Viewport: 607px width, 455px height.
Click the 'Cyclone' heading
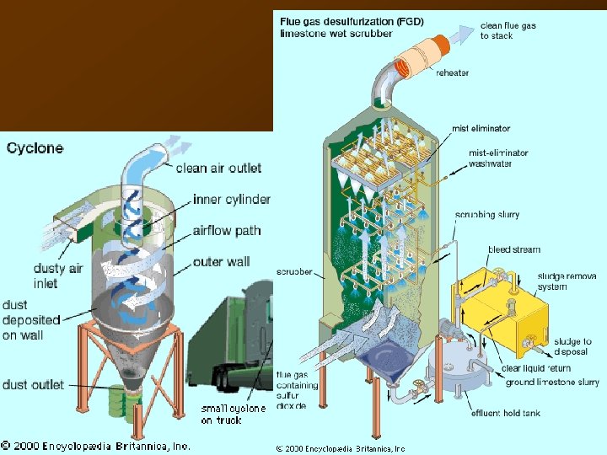35,148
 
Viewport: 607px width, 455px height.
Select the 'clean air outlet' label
218,168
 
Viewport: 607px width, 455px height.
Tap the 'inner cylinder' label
232,200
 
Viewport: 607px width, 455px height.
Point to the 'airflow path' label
227,231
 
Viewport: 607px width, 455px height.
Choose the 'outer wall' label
220,262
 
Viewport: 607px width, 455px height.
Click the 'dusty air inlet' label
58,276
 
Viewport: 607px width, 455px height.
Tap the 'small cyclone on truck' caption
233,414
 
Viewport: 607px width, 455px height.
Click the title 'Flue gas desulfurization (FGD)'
352,21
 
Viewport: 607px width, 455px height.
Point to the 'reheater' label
453,73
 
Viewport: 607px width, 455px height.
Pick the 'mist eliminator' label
481,129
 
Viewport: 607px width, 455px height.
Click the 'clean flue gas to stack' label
508,31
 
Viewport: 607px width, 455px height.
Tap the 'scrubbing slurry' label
487,215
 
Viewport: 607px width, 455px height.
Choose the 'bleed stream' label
514,249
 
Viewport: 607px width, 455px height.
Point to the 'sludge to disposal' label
572,346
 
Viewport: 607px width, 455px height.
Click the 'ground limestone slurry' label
552,383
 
